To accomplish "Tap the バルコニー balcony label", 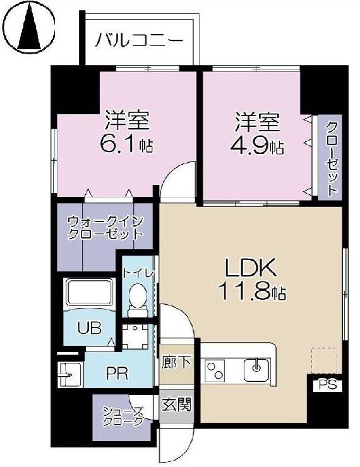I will [140, 41].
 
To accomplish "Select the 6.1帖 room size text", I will [127, 145].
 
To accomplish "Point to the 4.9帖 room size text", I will [258, 147].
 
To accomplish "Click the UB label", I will [88, 328].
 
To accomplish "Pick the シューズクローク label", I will [123, 417].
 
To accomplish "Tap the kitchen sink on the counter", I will [257, 367].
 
